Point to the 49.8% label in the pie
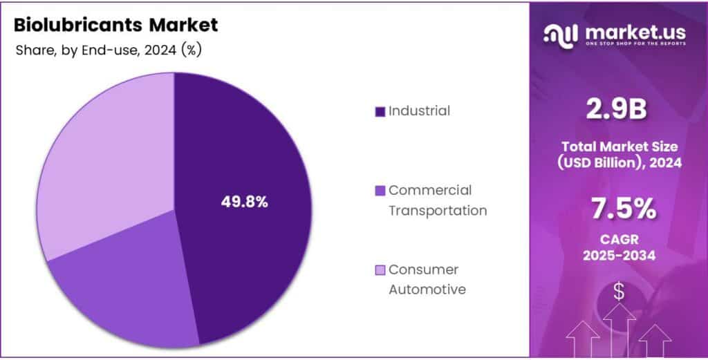tap(244, 202)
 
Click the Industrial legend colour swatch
tap(379, 111)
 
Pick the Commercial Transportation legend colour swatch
tap(379, 191)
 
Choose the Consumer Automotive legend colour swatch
tap(379, 270)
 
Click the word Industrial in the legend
tap(419, 111)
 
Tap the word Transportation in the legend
tap(437, 210)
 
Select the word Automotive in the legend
tap(427, 290)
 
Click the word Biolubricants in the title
tap(73, 26)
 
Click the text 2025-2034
tap(619, 256)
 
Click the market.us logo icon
tap(561, 35)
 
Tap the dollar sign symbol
tap(619, 292)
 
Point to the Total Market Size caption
tap(619, 146)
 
